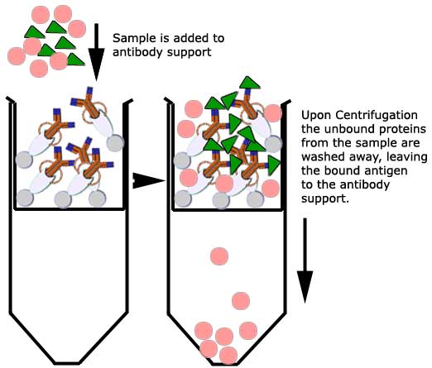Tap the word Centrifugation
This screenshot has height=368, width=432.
[377, 115]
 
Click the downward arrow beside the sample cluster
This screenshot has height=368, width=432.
[96, 52]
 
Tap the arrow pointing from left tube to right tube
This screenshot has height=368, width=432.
[148, 181]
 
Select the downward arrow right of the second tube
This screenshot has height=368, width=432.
[305, 260]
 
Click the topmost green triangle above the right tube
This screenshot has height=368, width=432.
[249, 84]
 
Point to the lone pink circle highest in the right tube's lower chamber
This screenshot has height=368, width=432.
[219, 256]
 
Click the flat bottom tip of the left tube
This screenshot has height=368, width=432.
[66, 363]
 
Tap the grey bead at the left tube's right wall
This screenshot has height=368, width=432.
[115, 143]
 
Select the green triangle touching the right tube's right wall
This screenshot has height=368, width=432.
[274, 164]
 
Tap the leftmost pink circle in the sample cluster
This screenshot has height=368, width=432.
[17, 56]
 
